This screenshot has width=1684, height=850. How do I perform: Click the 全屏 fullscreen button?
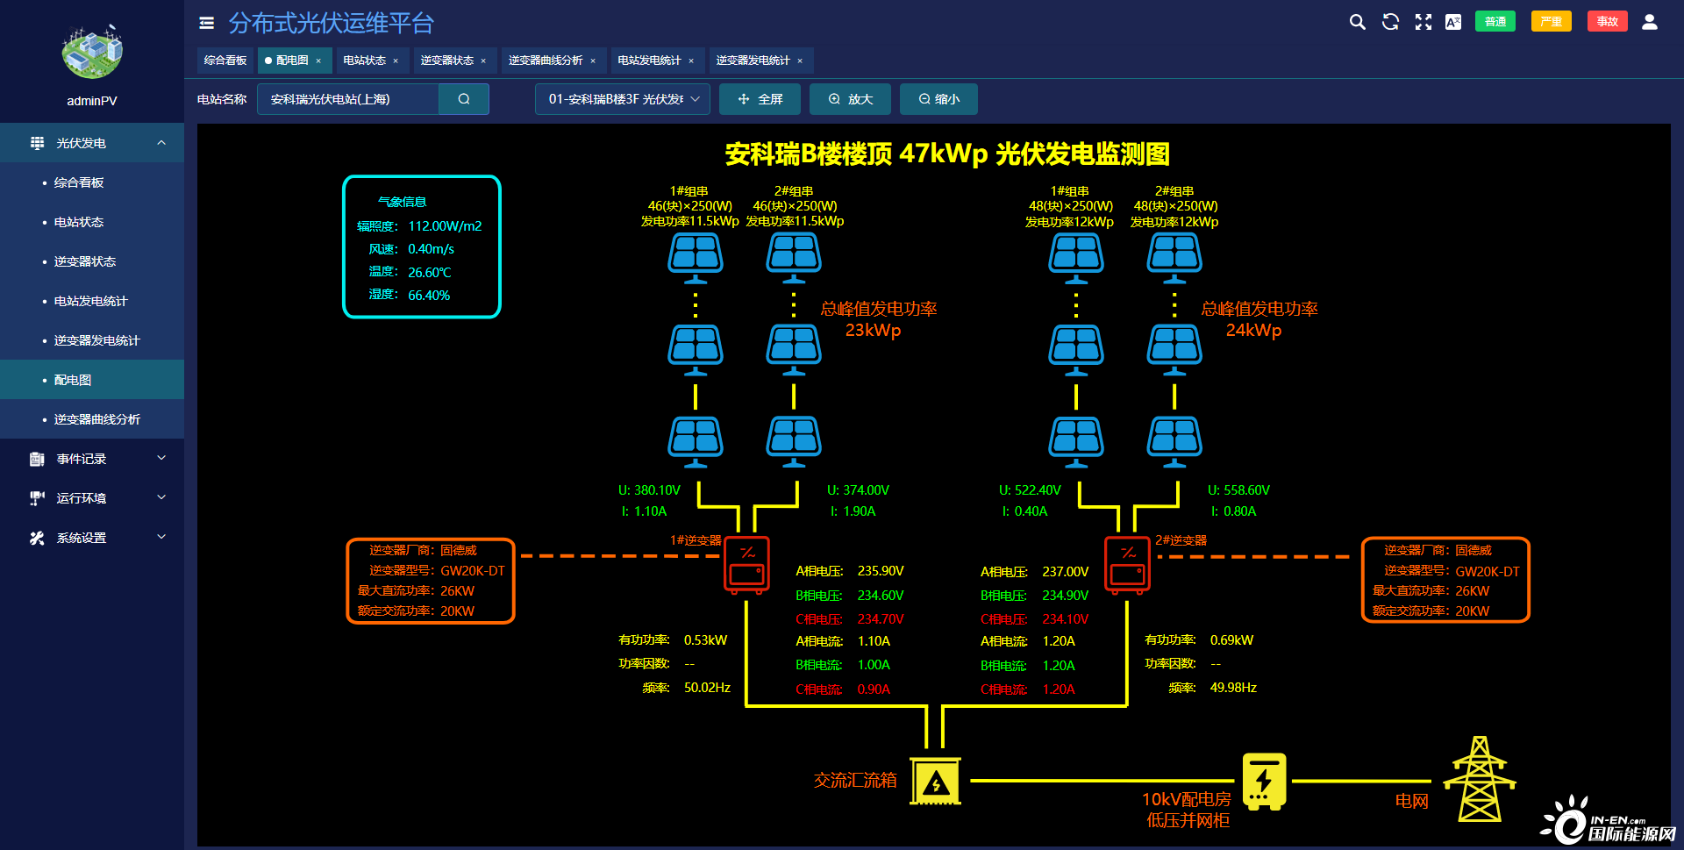(760, 99)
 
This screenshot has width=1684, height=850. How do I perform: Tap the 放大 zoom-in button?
(850, 99)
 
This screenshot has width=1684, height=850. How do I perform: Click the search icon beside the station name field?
(464, 99)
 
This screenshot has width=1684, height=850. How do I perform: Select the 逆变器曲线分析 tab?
(546, 61)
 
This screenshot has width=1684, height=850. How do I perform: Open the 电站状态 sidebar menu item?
(79, 222)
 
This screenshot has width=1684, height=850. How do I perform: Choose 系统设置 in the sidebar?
(82, 538)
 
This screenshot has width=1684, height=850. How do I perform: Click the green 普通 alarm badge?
(1495, 22)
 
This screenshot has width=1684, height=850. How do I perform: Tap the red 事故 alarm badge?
(1607, 22)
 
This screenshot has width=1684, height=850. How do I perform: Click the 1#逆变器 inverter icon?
(747, 566)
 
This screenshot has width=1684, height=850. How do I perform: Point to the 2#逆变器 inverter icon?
(1128, 566)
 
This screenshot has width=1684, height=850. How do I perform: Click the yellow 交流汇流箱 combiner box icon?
(936, 781)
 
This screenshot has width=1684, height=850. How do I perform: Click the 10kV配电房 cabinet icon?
(1264, 781)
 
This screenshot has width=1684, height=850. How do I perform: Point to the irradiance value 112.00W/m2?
(445, 226)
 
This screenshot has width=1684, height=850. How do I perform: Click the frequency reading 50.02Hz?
(707, 688)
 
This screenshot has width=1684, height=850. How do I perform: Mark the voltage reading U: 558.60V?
(1238, 490)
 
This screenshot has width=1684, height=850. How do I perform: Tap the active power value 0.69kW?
(1231, 640)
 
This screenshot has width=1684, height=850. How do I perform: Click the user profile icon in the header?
(1649, 22)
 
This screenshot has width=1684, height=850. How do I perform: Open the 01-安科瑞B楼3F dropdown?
(624, 99)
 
